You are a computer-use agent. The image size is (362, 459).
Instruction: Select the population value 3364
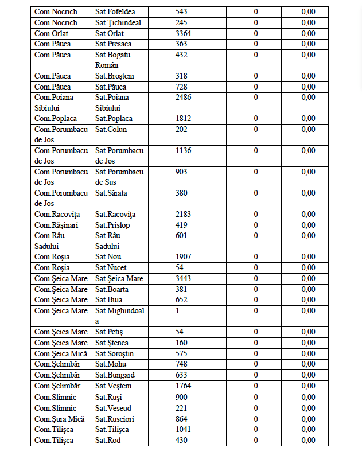[x=185, y=33]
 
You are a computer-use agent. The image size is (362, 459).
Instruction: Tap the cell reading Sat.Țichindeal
[x=118, y=22]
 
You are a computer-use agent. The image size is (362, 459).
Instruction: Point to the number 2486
[x=185, y=98]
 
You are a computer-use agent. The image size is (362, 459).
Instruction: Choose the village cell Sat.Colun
[x=111, y=130]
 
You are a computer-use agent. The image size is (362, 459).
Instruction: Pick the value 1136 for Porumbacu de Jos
[x=185, y=151]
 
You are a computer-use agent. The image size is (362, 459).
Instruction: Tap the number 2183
[x=185, y=215]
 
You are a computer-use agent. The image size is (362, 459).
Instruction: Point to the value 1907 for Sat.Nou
[x=185, y=257]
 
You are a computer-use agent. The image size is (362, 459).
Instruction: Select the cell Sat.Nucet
[x=111, y=268]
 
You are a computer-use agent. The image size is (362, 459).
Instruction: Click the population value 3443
[x=185, y=278]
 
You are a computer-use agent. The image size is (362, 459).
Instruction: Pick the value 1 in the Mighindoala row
[x=177, y=310]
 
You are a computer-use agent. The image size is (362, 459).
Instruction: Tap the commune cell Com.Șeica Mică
[x=60, y=353]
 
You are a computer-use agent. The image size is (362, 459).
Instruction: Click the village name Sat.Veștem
[x=114, y=386]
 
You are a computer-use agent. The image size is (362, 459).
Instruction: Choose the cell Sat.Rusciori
[x=115, y=419]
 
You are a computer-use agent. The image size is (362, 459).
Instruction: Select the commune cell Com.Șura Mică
[x=59, y=419]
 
